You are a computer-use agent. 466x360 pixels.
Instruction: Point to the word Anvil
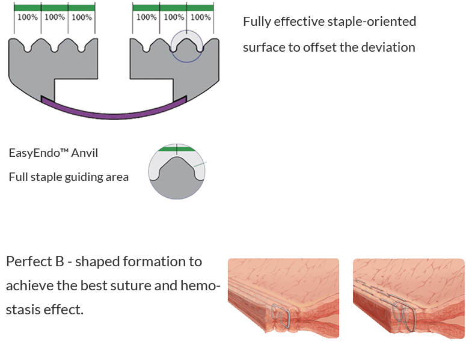85,153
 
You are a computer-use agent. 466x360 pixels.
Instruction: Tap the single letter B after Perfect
60,261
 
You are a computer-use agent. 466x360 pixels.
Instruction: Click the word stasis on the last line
23,310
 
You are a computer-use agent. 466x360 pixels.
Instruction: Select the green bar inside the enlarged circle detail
177,149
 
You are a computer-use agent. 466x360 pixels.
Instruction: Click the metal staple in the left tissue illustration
281,316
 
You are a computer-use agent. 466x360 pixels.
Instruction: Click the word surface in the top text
263,47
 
